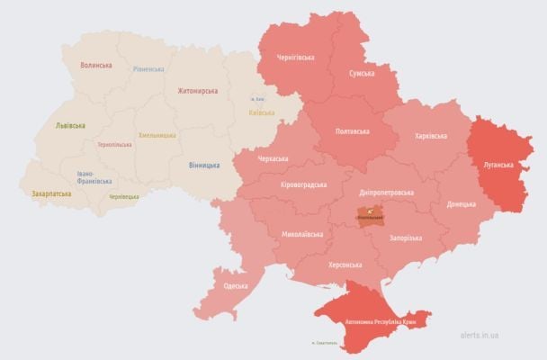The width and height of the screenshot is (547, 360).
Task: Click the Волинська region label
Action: pyautogui.click(x=96, y=66)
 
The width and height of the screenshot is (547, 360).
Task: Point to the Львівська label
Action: pyautogui.click(x=70, y=125)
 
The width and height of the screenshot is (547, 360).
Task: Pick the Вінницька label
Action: pyautogui.click(x=205, y=166)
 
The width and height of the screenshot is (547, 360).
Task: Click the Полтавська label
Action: pyautogui.click(x=352, y=131)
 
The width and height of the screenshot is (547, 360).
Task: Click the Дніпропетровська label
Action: pyautogui.click(x=387, y=192)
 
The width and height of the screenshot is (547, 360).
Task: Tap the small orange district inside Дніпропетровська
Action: pyautogui.click(x=370, y=214)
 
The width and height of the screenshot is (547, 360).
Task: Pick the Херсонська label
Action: pyautogui.click(x=345, y=265)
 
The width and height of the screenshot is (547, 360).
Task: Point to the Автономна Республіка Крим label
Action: pyautogui.click(x=375, y=320)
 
